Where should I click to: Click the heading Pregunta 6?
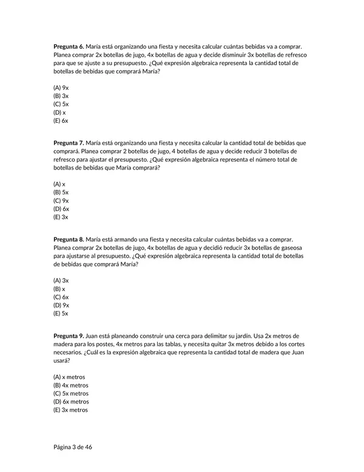point(69,46)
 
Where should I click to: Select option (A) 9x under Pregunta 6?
point(61,87)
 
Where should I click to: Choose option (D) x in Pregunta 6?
point(59,112)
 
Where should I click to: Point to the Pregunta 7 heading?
point(69,143)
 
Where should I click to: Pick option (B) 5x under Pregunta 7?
point(61,192)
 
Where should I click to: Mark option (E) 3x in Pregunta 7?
point(61,217)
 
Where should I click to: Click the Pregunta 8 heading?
point(69,239)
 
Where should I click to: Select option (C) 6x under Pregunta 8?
point(61,297)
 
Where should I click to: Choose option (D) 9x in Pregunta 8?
point(61,305)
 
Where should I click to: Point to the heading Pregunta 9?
point(69,335)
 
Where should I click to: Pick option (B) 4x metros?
point(71,385)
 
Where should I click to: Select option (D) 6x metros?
point(71,402)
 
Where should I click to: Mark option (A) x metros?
point(69,377)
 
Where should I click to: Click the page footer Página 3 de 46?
point(73,447)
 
